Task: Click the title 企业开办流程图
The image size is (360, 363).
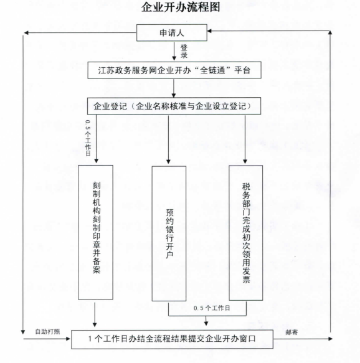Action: [181, 7]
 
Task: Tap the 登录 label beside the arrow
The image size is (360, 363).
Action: [184, 52]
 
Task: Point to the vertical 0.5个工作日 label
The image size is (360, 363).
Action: [88, 138]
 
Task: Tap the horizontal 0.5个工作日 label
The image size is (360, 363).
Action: [212, 308]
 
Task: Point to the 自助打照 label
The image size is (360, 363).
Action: [47, 331]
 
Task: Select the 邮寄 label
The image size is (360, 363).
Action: [291, 332]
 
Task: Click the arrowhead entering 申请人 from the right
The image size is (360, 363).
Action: [209, 31]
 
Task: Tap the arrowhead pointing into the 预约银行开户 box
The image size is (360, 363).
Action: [169, 162]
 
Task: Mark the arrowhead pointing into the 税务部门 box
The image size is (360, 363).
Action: [245, 161]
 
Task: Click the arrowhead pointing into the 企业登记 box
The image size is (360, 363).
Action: [174, 95]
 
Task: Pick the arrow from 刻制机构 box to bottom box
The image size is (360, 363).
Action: [95, 314]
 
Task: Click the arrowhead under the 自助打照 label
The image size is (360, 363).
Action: [68, 339]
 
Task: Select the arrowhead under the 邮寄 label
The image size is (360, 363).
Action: [330, 339]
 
